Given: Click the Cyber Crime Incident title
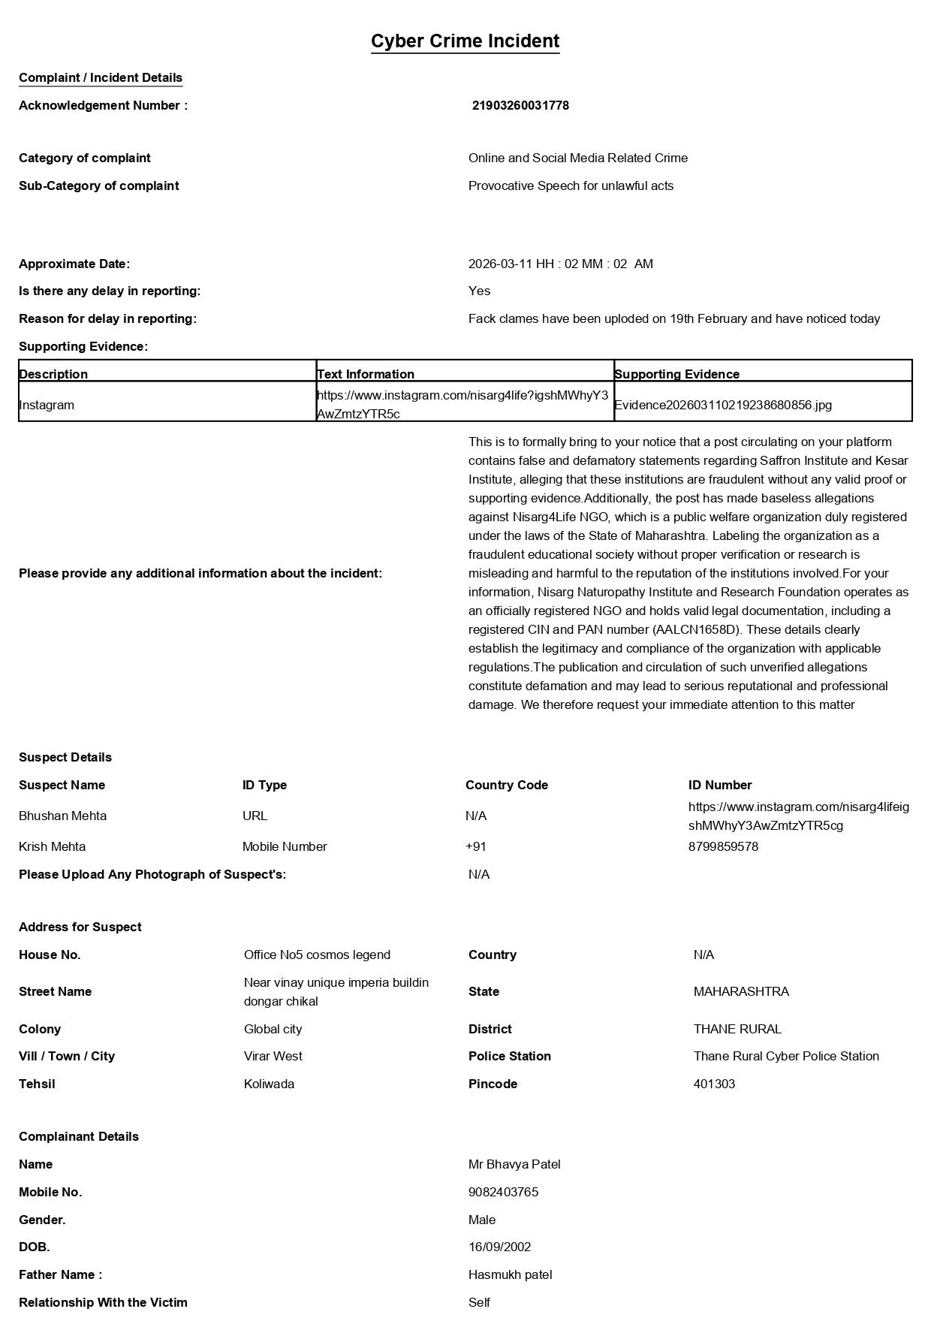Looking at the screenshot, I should point(465,41).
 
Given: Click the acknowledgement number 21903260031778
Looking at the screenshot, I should point(520,106).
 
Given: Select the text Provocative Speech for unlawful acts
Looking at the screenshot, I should point(571,186).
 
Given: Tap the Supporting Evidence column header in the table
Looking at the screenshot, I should point(676,374).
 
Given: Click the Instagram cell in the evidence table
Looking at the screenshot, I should point(47,406).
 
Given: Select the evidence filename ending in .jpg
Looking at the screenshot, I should point(723,406).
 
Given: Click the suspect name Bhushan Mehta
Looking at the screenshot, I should point(63,816).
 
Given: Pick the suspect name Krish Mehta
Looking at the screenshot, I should point(53,847).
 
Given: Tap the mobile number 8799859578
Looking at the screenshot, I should point(723,847).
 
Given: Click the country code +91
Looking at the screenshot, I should point(476,847).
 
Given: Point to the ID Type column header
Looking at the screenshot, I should point(264,786).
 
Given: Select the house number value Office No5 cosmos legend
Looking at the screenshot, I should point(317,955).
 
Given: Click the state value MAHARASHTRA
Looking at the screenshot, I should point(741,992).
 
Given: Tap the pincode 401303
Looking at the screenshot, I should point(714,1084).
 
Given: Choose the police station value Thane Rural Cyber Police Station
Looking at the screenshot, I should point(786,1057).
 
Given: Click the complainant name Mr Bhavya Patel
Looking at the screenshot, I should point(514,1165).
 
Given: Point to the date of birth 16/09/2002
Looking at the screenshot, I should point(499,1247).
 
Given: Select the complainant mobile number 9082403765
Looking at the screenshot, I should point(503,1193).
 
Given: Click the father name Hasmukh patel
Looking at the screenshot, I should point(510,1275).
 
